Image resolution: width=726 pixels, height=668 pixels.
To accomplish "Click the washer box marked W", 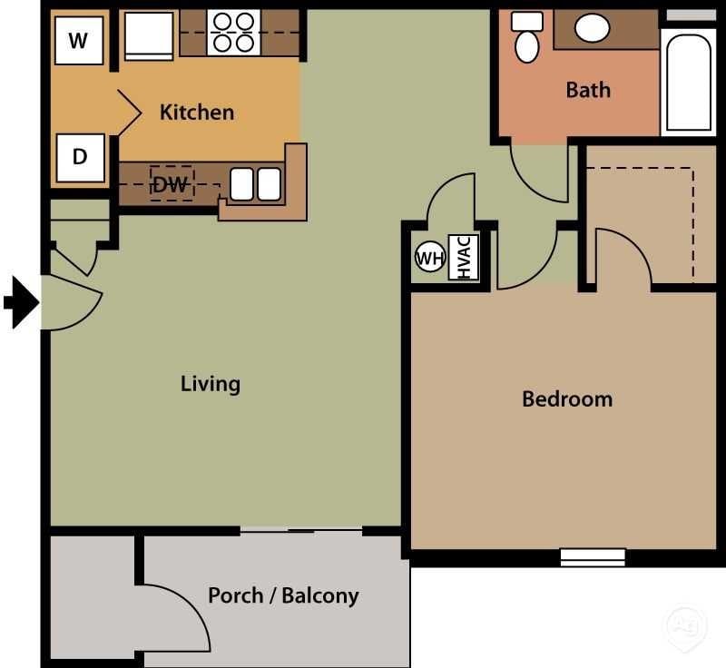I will tap(79, 41).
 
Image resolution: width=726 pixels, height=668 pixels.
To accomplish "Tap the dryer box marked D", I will tap(80, 157).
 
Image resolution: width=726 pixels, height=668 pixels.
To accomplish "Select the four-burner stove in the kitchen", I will tap(233, 33).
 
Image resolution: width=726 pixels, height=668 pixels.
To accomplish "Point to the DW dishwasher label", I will tap(171, 184).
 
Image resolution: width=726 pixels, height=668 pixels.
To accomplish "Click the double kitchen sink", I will tap(255, 184).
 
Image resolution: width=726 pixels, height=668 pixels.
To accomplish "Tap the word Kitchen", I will tap(197, 113).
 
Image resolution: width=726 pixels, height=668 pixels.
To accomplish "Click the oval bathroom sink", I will tap(593, 28).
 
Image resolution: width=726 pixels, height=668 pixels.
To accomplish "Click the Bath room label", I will tap(588, 90).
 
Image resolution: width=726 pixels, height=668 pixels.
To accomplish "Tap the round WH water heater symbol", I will tap(429, 258).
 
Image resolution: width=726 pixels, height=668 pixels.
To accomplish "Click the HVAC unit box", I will tap(463, 258).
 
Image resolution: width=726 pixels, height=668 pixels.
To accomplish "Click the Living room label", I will tap(211, 383).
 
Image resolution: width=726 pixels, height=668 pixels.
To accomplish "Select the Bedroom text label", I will tap(567, 398).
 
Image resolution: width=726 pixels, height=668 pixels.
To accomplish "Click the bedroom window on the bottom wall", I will tap(593, 556).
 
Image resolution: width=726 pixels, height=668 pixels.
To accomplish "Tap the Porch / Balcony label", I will tap(283, 596).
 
